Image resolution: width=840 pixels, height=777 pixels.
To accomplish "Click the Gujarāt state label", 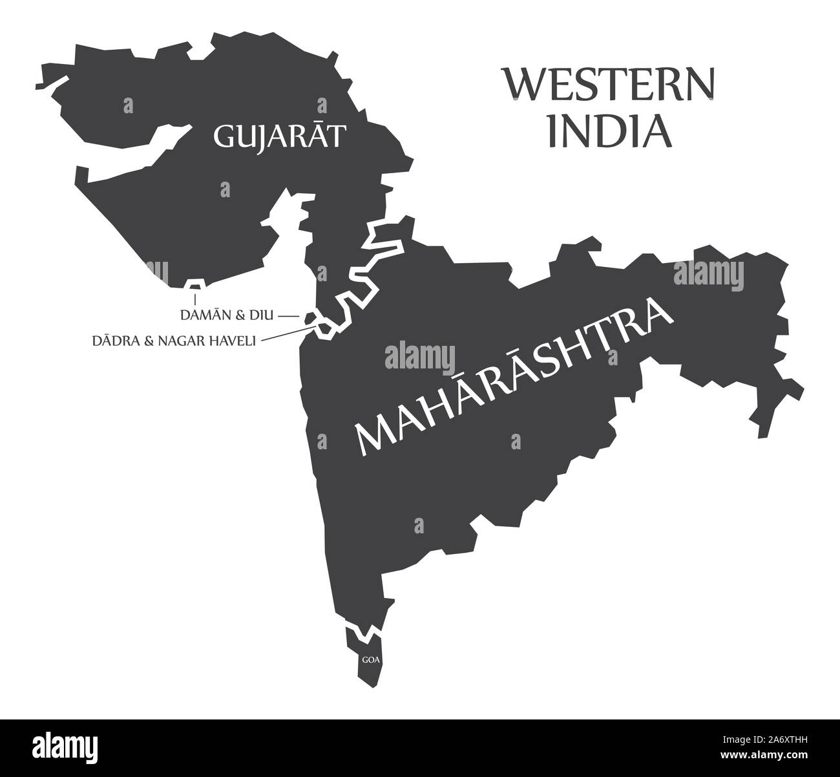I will tap(278, 137).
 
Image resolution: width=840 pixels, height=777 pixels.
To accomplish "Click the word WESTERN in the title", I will tap(609, 84).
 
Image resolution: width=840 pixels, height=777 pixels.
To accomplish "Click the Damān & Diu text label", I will tap(227, 315).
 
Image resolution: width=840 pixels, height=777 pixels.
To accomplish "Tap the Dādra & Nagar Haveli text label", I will tap(174, 340).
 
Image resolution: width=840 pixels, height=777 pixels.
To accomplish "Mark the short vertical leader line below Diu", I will tap(195, 298).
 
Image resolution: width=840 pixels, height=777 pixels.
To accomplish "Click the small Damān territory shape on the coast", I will tap(310, 317).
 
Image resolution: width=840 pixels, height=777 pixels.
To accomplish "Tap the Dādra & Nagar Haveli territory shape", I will tap(322, 328).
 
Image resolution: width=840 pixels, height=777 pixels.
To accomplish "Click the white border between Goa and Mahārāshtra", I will tap(362, 630).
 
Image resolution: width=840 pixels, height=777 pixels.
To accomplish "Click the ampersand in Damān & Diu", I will tap(239, 315).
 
